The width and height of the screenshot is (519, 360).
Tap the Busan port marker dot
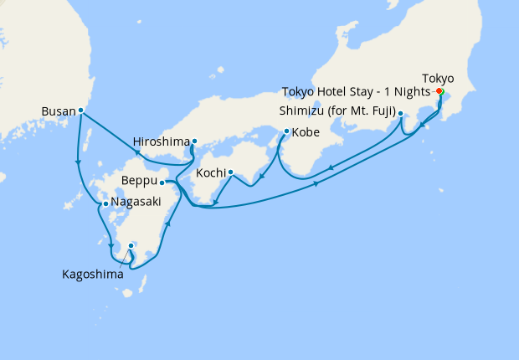[80, 110]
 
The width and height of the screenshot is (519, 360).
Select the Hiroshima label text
[162, 141]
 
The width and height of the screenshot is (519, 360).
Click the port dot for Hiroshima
[194, 141]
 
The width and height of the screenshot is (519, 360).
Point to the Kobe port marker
[287, 131]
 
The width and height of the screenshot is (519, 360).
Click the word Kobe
[306, 131]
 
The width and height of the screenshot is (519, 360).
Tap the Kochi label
[210, 173]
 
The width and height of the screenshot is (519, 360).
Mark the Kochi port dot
[230, 173]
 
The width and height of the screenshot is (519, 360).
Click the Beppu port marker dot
[162, 183]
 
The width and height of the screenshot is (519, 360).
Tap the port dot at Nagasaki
[105, 203]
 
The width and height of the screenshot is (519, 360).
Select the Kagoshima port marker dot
[131, 245]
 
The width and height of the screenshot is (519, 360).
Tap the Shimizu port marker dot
[401, 114]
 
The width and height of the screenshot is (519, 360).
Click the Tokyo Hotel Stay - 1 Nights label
[356, 91]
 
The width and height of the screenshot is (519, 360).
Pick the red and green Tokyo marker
[439, 91]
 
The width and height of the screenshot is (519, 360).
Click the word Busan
[58, 110]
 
